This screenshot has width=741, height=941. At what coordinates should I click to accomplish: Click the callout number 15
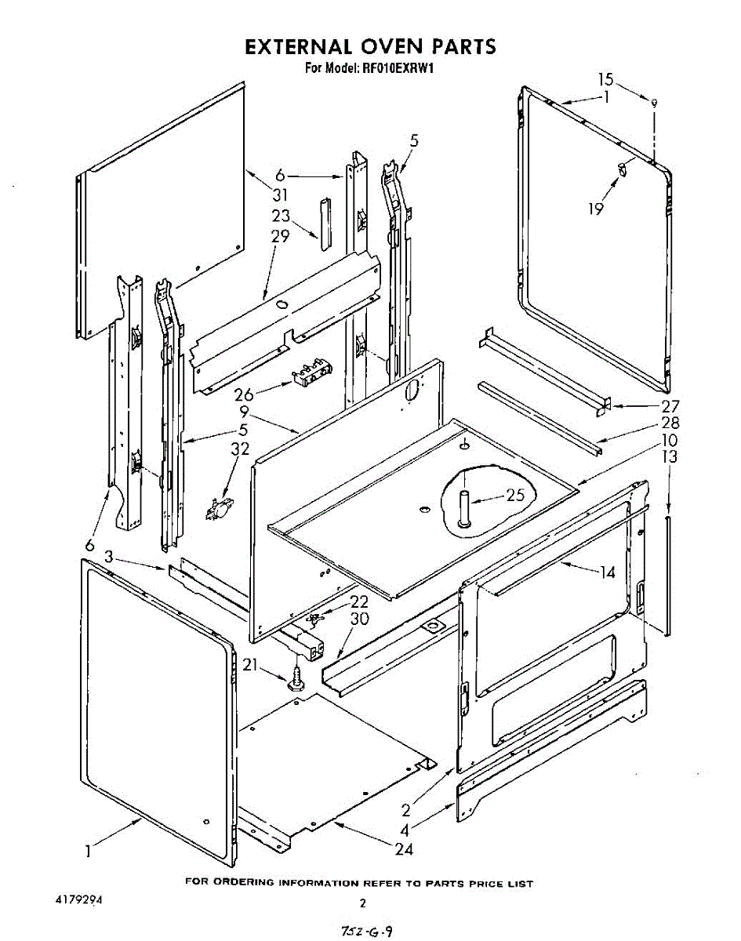pyautogui.click(x=605, y=79)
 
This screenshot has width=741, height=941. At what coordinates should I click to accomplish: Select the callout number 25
pyautogui.click(x=514, y=496)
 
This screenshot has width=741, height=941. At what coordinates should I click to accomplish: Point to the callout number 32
pyautogui.click(x=240, y=449)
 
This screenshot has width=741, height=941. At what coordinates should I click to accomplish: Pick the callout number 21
pyautogui.click(x=250, y=666)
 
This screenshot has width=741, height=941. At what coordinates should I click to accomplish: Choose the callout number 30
pyautogui.click(x=360, y=619)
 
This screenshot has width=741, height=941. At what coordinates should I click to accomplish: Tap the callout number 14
pyautogui.click(x=607, y=572)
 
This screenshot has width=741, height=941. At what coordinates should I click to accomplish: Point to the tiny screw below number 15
pyautogui.click(x=655, y=102)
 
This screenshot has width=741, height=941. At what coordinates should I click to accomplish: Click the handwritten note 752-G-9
pyautogui.click(x=366, y=931)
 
